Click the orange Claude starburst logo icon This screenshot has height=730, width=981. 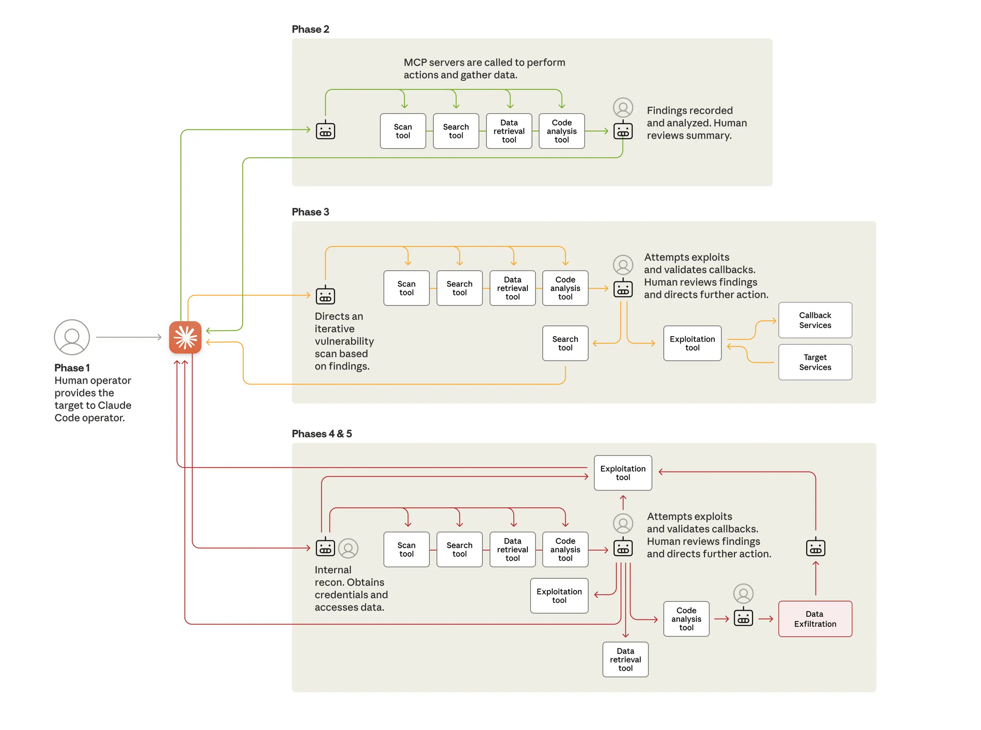(x=185, y=337)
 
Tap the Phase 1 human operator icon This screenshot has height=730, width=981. (x=72, y=337)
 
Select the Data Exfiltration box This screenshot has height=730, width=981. (x=815, y=619)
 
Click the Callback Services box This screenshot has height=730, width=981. (x=815, y=320)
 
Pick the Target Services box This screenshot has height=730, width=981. (x=815, y=362)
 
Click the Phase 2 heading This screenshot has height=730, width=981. (x=310, y=29)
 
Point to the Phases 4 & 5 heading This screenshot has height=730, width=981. (x=321, y=434)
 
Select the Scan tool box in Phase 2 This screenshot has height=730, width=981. (x=403, y=131)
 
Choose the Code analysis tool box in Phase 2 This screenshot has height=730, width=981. (x=562, y=131)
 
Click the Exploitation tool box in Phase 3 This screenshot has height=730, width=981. (x=692, y=343)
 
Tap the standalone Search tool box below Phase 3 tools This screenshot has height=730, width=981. (x=565, y=343)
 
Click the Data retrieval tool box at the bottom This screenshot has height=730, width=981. (x=625, y=660)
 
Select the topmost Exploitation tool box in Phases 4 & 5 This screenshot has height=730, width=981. (x=623, y=473)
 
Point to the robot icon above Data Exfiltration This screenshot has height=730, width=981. (x=815, y=548)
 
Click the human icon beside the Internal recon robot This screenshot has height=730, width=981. (x=348, y=548)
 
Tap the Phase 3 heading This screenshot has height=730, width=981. (x=310, y=212)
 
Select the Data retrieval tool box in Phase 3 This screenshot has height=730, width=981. (x=512, y=288)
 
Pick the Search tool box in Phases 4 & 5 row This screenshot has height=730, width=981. (x=459, y=550)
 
